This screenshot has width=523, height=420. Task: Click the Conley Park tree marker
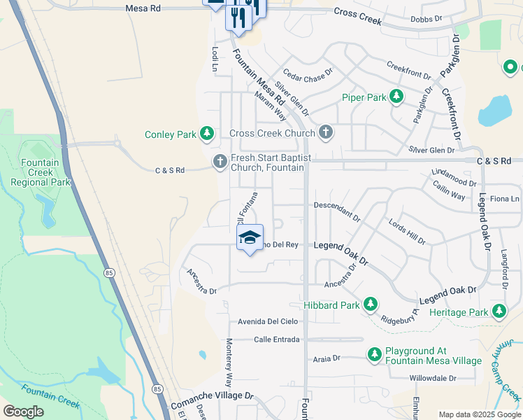tap(206, 133)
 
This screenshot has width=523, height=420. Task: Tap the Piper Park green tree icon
tap(396, 97)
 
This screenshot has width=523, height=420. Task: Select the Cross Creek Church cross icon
tap(325, 132)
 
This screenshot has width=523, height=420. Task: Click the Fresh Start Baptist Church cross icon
tap(220, 162)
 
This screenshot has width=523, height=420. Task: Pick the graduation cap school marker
tap(250, 238)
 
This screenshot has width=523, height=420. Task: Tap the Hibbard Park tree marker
tap(370, 304)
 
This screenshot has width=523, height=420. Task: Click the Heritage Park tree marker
tap(499, 311)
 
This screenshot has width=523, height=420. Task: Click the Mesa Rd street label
tap(143, 8)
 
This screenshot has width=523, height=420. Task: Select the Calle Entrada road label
tap(277, 339)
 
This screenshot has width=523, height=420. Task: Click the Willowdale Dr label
tap(433, 378)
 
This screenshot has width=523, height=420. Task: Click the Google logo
tap(24, 411)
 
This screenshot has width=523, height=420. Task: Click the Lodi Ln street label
tap(215, 59)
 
